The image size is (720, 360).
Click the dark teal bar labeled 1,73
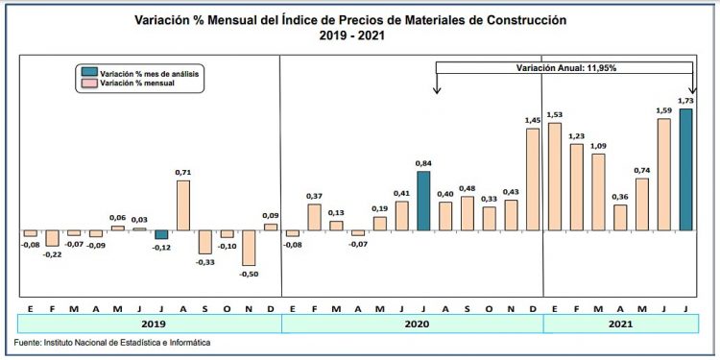point(685,170)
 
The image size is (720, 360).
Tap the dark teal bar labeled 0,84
point(423,202)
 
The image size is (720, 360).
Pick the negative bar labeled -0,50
point(249,249)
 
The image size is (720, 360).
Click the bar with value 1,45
point(533,180)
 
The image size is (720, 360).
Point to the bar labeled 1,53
point(554,177)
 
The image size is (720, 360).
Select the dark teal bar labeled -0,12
point(161,235)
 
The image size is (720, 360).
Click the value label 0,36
point(620,197)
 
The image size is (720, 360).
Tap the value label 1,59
point(664,110)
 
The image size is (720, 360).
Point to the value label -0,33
point(204,262)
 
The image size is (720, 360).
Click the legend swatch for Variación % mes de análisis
point(88,73)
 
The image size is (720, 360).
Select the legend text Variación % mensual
point(140,84)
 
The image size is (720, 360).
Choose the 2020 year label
point(412,324)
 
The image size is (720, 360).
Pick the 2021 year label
point(621,324)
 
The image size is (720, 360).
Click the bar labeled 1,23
point(576,188)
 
